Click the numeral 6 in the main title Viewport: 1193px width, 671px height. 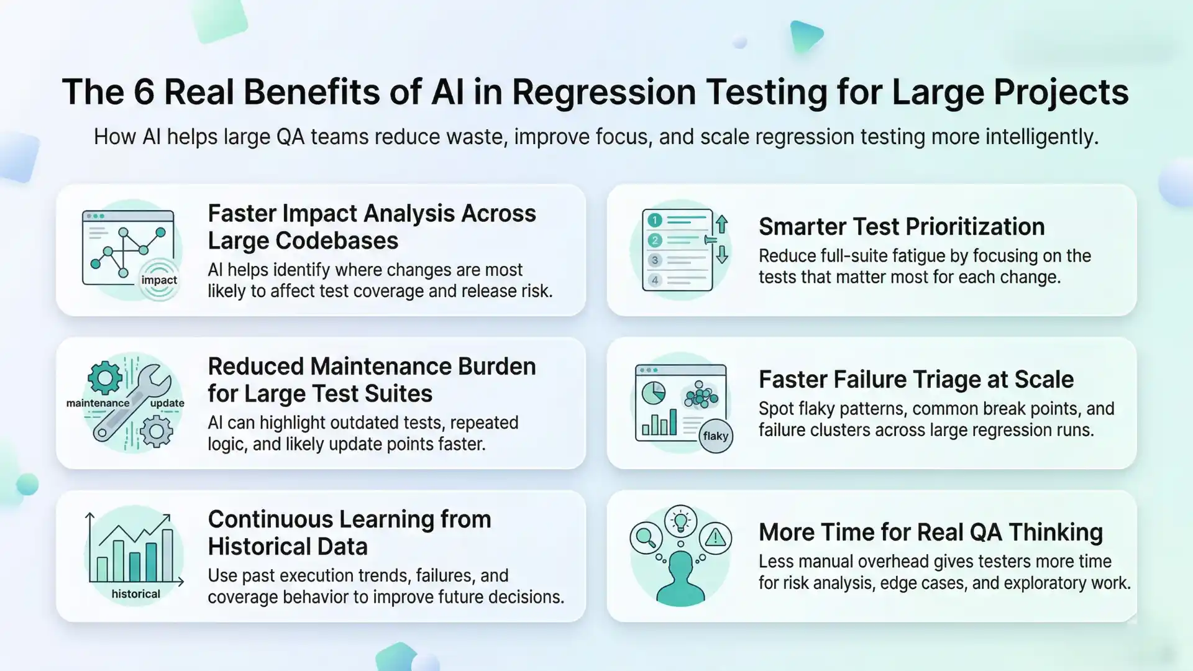coord(144,93)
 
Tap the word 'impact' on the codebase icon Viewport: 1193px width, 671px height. coord(159,280)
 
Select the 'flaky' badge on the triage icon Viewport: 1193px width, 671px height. coord(715,436)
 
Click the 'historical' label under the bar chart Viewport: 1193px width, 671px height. coord(135,594)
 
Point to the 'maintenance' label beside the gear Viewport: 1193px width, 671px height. coord(98,403)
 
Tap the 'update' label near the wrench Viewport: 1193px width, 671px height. coord(167,403)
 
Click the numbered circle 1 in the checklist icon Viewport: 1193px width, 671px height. coord(654,220)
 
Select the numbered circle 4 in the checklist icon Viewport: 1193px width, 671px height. coord(654,280)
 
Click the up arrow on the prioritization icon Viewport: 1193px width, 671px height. coord(721,224)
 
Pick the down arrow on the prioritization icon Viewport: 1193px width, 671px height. coord(721,255)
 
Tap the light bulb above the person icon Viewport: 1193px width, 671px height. coord(680,521)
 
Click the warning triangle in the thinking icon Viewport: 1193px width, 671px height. coord(715,537)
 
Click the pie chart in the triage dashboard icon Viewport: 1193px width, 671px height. coord(653,393)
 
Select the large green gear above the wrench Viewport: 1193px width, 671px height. coord(105,377)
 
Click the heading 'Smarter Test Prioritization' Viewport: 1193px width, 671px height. coord(901,227)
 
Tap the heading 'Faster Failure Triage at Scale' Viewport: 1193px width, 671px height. coord(916,380)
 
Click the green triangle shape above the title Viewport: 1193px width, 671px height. coord(805,36)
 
